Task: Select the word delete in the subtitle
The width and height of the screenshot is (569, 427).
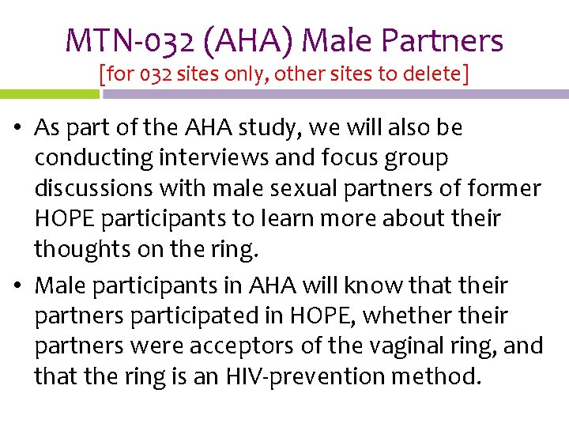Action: (435, 74)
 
